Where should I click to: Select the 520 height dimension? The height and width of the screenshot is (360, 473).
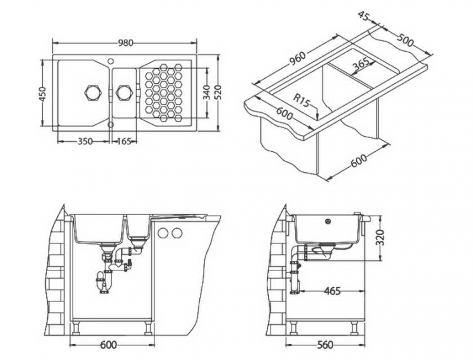point(218,94)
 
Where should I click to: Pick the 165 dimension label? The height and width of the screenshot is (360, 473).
point(124,142)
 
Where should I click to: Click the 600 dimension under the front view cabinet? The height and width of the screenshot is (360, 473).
point(108,345)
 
